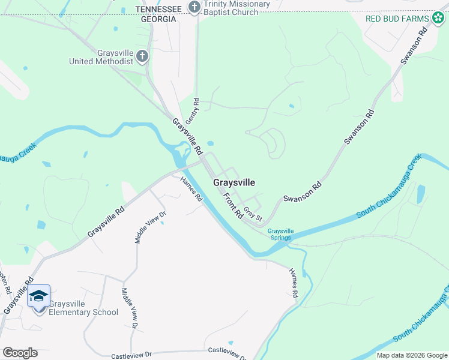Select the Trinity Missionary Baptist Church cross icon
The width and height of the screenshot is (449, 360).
194,7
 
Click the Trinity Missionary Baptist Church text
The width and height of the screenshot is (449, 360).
237,8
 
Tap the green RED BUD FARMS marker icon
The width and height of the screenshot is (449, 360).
439,18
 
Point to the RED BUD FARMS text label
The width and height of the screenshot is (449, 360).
398,19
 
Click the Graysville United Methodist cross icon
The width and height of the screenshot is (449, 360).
142,57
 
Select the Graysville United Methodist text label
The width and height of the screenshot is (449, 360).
101,57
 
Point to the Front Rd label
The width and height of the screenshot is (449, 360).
232,205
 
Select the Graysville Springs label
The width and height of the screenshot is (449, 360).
280,234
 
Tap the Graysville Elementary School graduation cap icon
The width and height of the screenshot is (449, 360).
39,296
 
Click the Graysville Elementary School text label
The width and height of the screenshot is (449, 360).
83,308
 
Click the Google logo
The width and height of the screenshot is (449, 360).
19,353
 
